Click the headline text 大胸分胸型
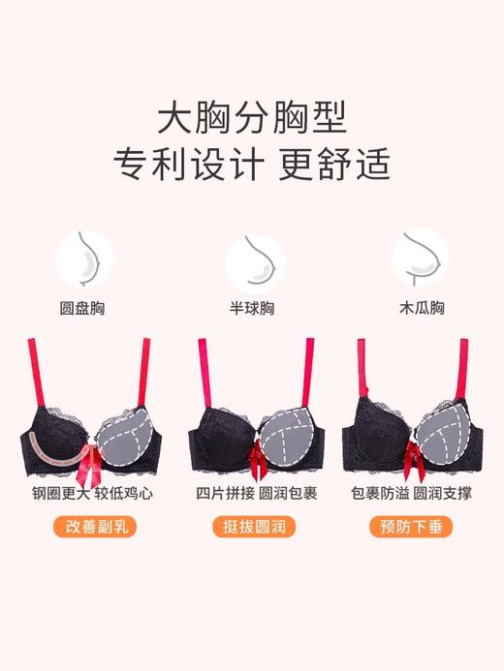click(252, 116)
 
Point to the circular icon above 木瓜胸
click(420, 258)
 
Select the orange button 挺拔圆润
click(252, 528)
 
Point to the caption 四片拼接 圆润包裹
click(252, 494)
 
